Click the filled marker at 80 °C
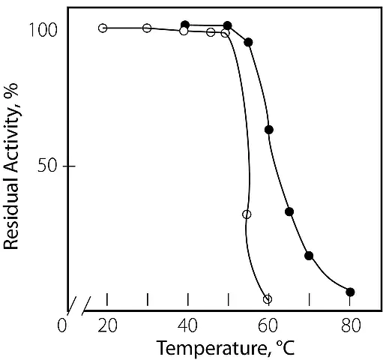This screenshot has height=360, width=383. [x=350, y=292]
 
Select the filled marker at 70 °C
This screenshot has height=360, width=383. [x=309, y=256]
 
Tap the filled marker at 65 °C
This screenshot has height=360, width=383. [x=289, y=211]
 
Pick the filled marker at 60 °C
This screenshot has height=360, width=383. [x=269, y=130]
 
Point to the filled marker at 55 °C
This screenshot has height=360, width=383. [x=248, y=42]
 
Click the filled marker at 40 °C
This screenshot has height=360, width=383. [x=185, y=25]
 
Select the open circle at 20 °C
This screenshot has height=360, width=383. [x=103, y=28]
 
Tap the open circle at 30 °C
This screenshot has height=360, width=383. [x=147, y=28]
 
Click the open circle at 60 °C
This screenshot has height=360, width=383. [x=268, y=299]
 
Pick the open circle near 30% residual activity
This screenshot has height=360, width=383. [x=247, y=214]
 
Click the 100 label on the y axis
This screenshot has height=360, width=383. [x=43, y=29]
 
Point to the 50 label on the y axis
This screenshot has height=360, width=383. [x=47, y=166]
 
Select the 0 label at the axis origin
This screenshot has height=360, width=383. [x=62, y=325]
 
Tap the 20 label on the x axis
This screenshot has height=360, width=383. [x=107, y=325]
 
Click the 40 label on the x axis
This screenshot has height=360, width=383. [x=187, y=325]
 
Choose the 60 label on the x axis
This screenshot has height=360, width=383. [x=268, y=325]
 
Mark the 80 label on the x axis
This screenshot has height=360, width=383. [x=351, y=325]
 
